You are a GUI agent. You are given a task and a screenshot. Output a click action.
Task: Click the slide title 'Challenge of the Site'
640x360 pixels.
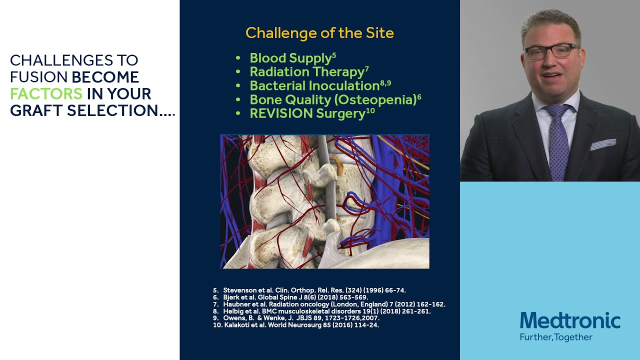(319, 33)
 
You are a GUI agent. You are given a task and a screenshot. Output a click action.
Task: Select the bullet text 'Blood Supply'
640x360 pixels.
(290, 58)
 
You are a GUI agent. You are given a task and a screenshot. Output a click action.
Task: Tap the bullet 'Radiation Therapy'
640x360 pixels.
(307, 72)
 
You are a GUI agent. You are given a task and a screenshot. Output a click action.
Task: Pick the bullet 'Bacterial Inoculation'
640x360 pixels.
(314, 86)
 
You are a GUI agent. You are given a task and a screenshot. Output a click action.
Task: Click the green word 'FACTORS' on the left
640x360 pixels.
(46, 93)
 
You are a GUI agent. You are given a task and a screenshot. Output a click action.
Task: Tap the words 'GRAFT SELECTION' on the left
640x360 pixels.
(84, 110)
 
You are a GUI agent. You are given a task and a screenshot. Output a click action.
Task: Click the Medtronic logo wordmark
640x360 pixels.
(570, 321)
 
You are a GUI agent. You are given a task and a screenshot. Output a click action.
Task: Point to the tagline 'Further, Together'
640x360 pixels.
(556, 337)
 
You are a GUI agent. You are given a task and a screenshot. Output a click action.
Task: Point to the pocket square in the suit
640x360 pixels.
(603, 145)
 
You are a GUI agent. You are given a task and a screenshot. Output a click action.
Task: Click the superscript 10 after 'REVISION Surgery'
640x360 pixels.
(370, 110)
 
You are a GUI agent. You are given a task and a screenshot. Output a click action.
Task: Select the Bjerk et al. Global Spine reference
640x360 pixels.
(295, 297)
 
